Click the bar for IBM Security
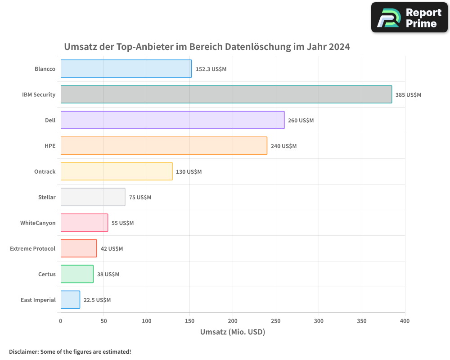[x=226, y=94]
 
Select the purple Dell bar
[x=172, y=120]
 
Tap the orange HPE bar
[x=164, y=146]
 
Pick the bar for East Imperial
[x=70, y=300]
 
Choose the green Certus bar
[x=77, y=274]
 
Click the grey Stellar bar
[x=93, y=197]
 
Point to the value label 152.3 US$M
[x=211, y=69]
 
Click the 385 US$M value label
[x=408, y=95]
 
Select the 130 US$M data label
[x=189, y=172]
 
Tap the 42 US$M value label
[x=112, y=249]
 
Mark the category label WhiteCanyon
[x=38, y=223]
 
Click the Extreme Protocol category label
[x=33, y=249]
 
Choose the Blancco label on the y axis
[x=45, y=69]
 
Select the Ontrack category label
[x=45, y=172]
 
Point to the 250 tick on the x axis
[x=276, y=321]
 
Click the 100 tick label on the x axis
[x=147, y=321]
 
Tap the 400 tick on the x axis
[x=405, y=321]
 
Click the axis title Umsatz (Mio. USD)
[x=233, y=332]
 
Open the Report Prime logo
[x=409, y=18]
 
